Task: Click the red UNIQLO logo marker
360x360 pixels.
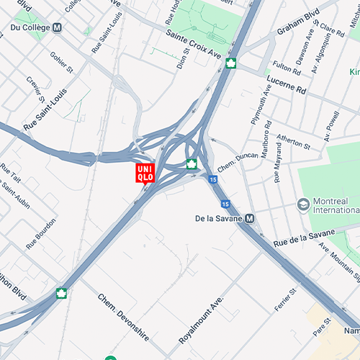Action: pyautogui.click(x=145, y=173)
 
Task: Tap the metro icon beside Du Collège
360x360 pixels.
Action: pyautogui.click(x=57, y=27)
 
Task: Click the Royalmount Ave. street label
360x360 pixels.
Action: pyautogui.click(x=202, y=318)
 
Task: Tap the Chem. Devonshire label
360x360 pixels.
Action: pyautogui.click(x=123, y=317)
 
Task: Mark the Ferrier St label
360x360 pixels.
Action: pyautogui.click(x=285, y=300)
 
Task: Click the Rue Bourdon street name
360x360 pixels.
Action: pyautogui.click(x=41, y=235)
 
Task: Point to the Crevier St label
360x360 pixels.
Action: pyautogui.click(x=35, y=90)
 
